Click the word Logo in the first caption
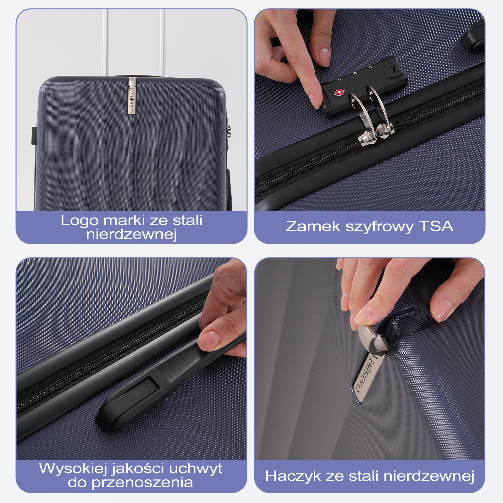[x=79, y=221]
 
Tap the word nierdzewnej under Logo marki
[x=131, y=234]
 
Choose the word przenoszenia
[x=142, y=483]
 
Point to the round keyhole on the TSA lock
[x=393, y=69]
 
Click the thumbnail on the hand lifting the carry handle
[x=208, y=340]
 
